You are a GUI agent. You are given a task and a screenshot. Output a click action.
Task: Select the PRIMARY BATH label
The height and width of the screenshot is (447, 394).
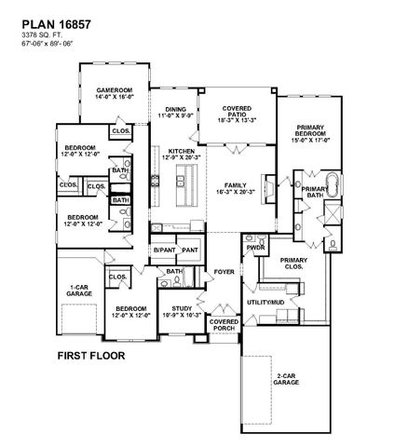(x=313, y=191)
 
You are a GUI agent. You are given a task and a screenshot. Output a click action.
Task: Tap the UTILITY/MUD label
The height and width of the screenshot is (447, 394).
(x=264, y=303)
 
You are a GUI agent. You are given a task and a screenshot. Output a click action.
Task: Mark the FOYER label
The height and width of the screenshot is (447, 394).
(x=224, y=272)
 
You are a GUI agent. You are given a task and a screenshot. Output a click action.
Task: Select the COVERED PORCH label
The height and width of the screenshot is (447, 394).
(x=224, y=325)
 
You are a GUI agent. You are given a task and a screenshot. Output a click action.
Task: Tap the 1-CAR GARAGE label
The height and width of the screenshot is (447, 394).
(x=78, y=291)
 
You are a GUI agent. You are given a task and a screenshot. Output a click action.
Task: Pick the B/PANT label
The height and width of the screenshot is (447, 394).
(x=164, y=251)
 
